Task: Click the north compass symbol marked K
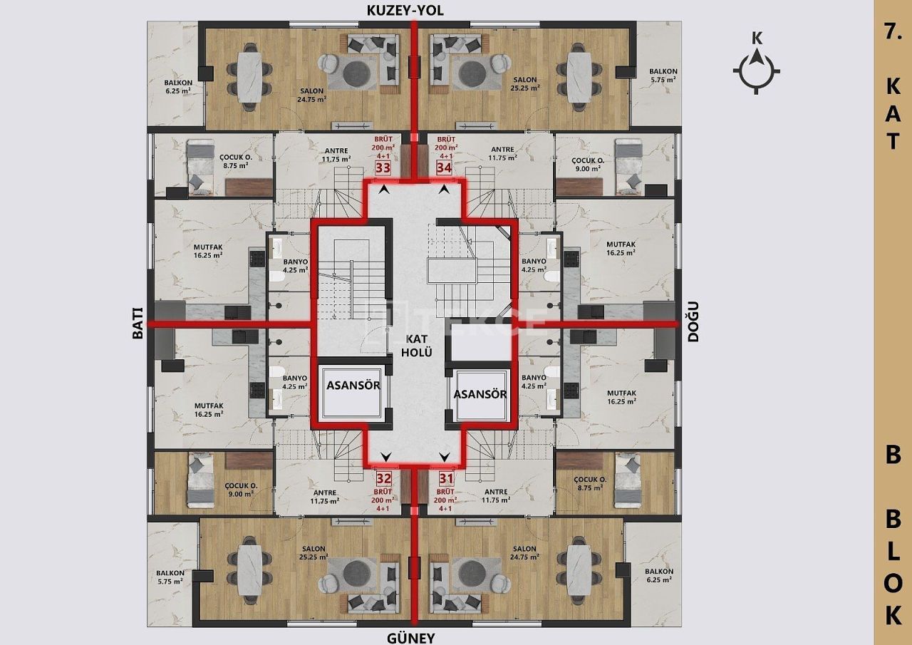pyautogui.click(x=757, y=71)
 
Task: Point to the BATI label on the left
pyautogui.click(x=138, y=324)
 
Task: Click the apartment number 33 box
pyautogui.click(x=383, y=168)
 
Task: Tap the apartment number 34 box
pyautogui.click(x=444, y=168)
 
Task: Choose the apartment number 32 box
pyautogui.click(x=384, y=478)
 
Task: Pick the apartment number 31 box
pyautogui.click(x=446, y=478)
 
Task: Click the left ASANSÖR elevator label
pyautogui.click(x=353, y=385)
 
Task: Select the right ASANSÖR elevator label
pyautogui.click(x=480, y=394)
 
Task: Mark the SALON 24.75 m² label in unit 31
pyautogui.click(x=524, y=552)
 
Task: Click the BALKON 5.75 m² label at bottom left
pyautogui.click(x=171, y=577)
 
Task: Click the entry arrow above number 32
pyautogui.click(x=386, y=458)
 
